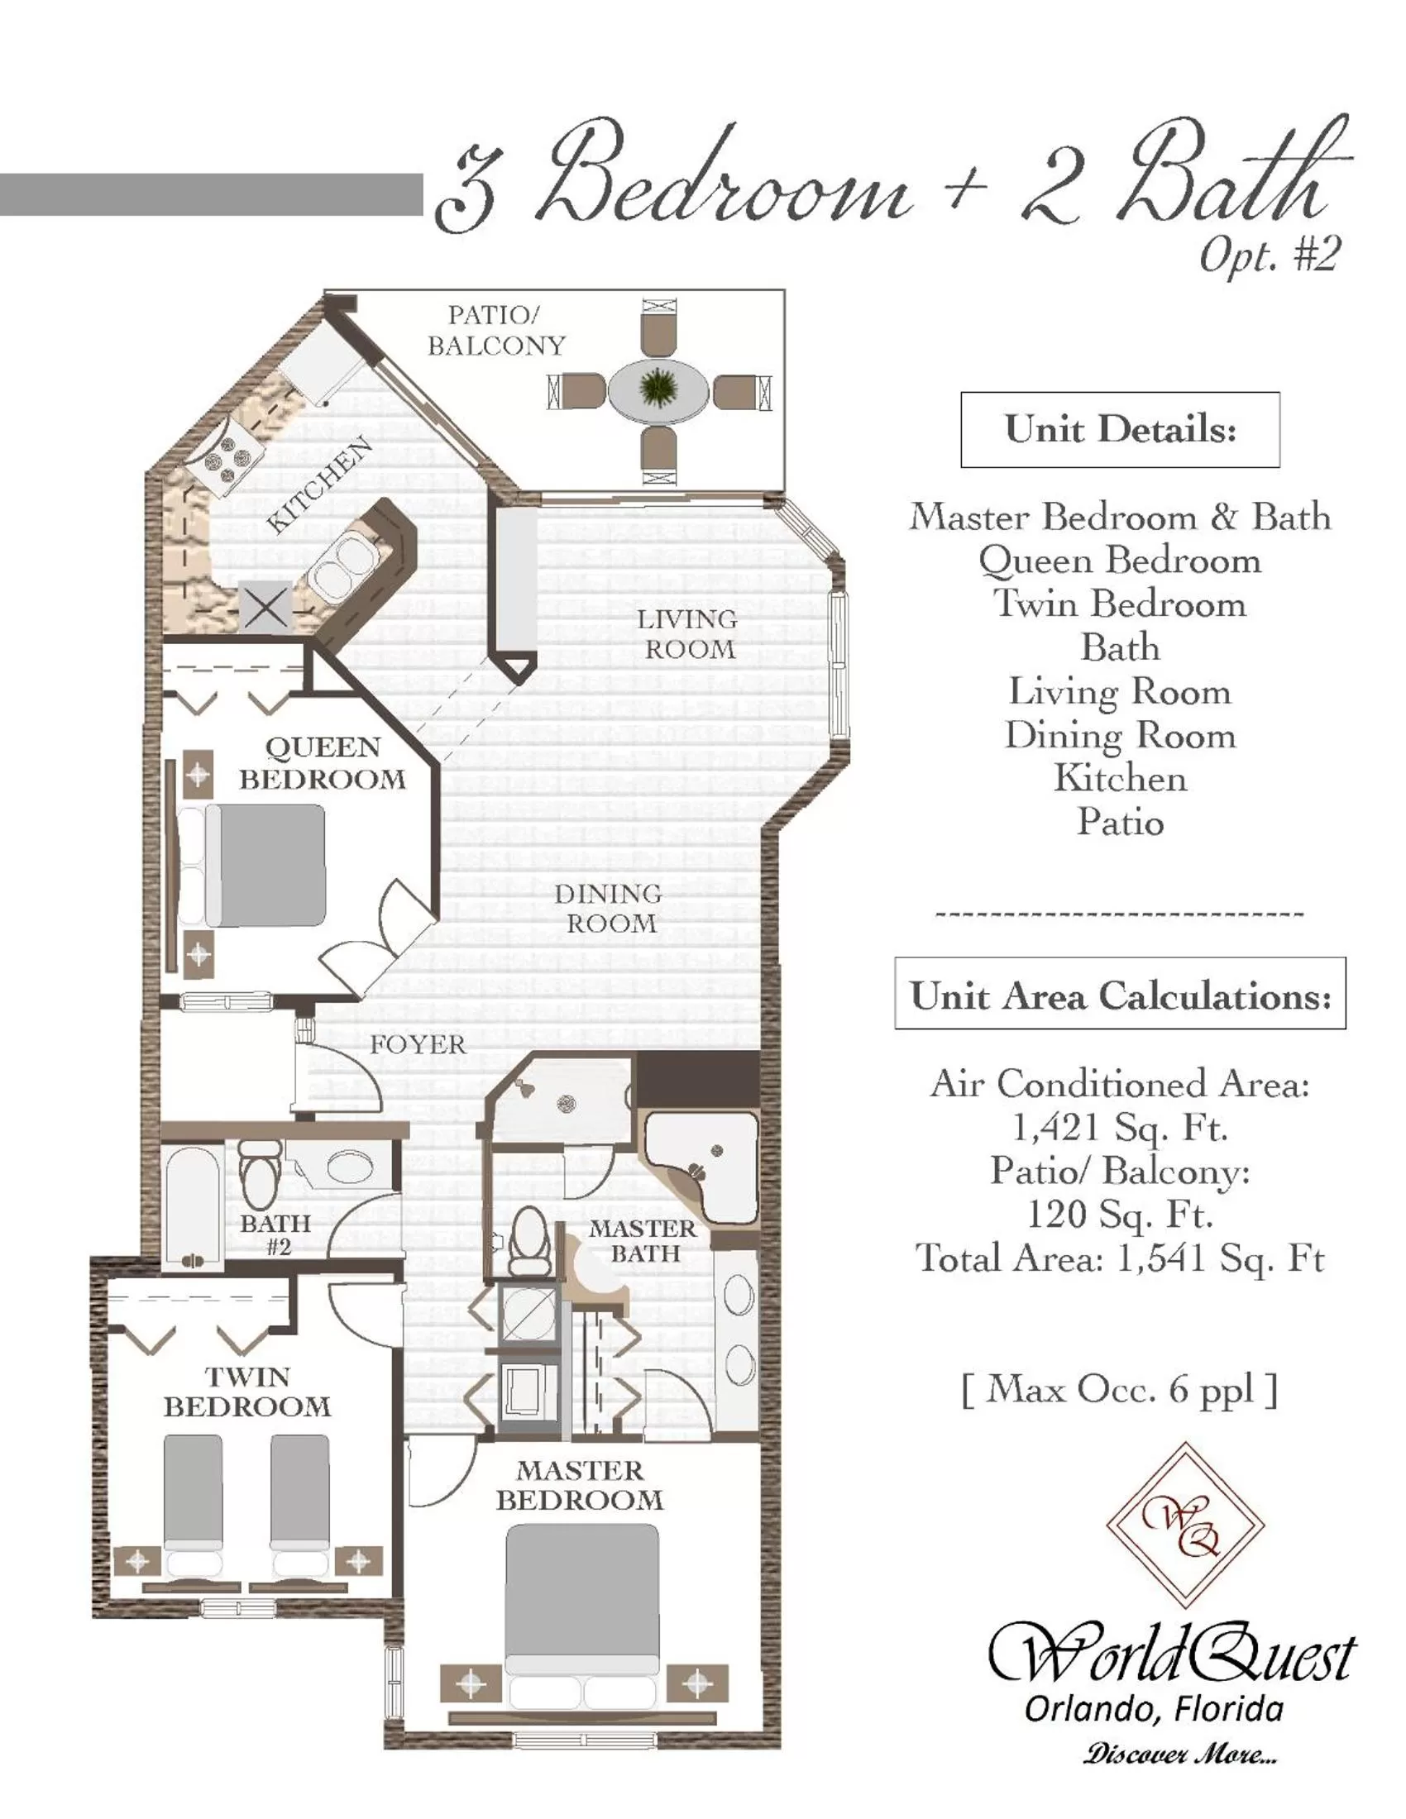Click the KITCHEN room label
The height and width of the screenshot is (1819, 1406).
(x=320, y=485)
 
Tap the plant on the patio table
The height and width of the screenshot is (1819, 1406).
(x=659, y=388)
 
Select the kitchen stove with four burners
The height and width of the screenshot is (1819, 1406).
(x=223, y=454)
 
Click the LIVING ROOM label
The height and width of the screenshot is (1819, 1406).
(x=689, y=634)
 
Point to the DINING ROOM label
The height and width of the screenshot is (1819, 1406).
(x=609, y=908)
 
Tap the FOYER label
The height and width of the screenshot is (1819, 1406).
(x=418, y=1044)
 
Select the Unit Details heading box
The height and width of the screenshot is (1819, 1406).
(x=1120, y=430)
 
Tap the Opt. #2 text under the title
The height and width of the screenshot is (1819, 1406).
(x=1268, y=255)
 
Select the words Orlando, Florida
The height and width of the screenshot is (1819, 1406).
(x=1154, y=1709)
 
